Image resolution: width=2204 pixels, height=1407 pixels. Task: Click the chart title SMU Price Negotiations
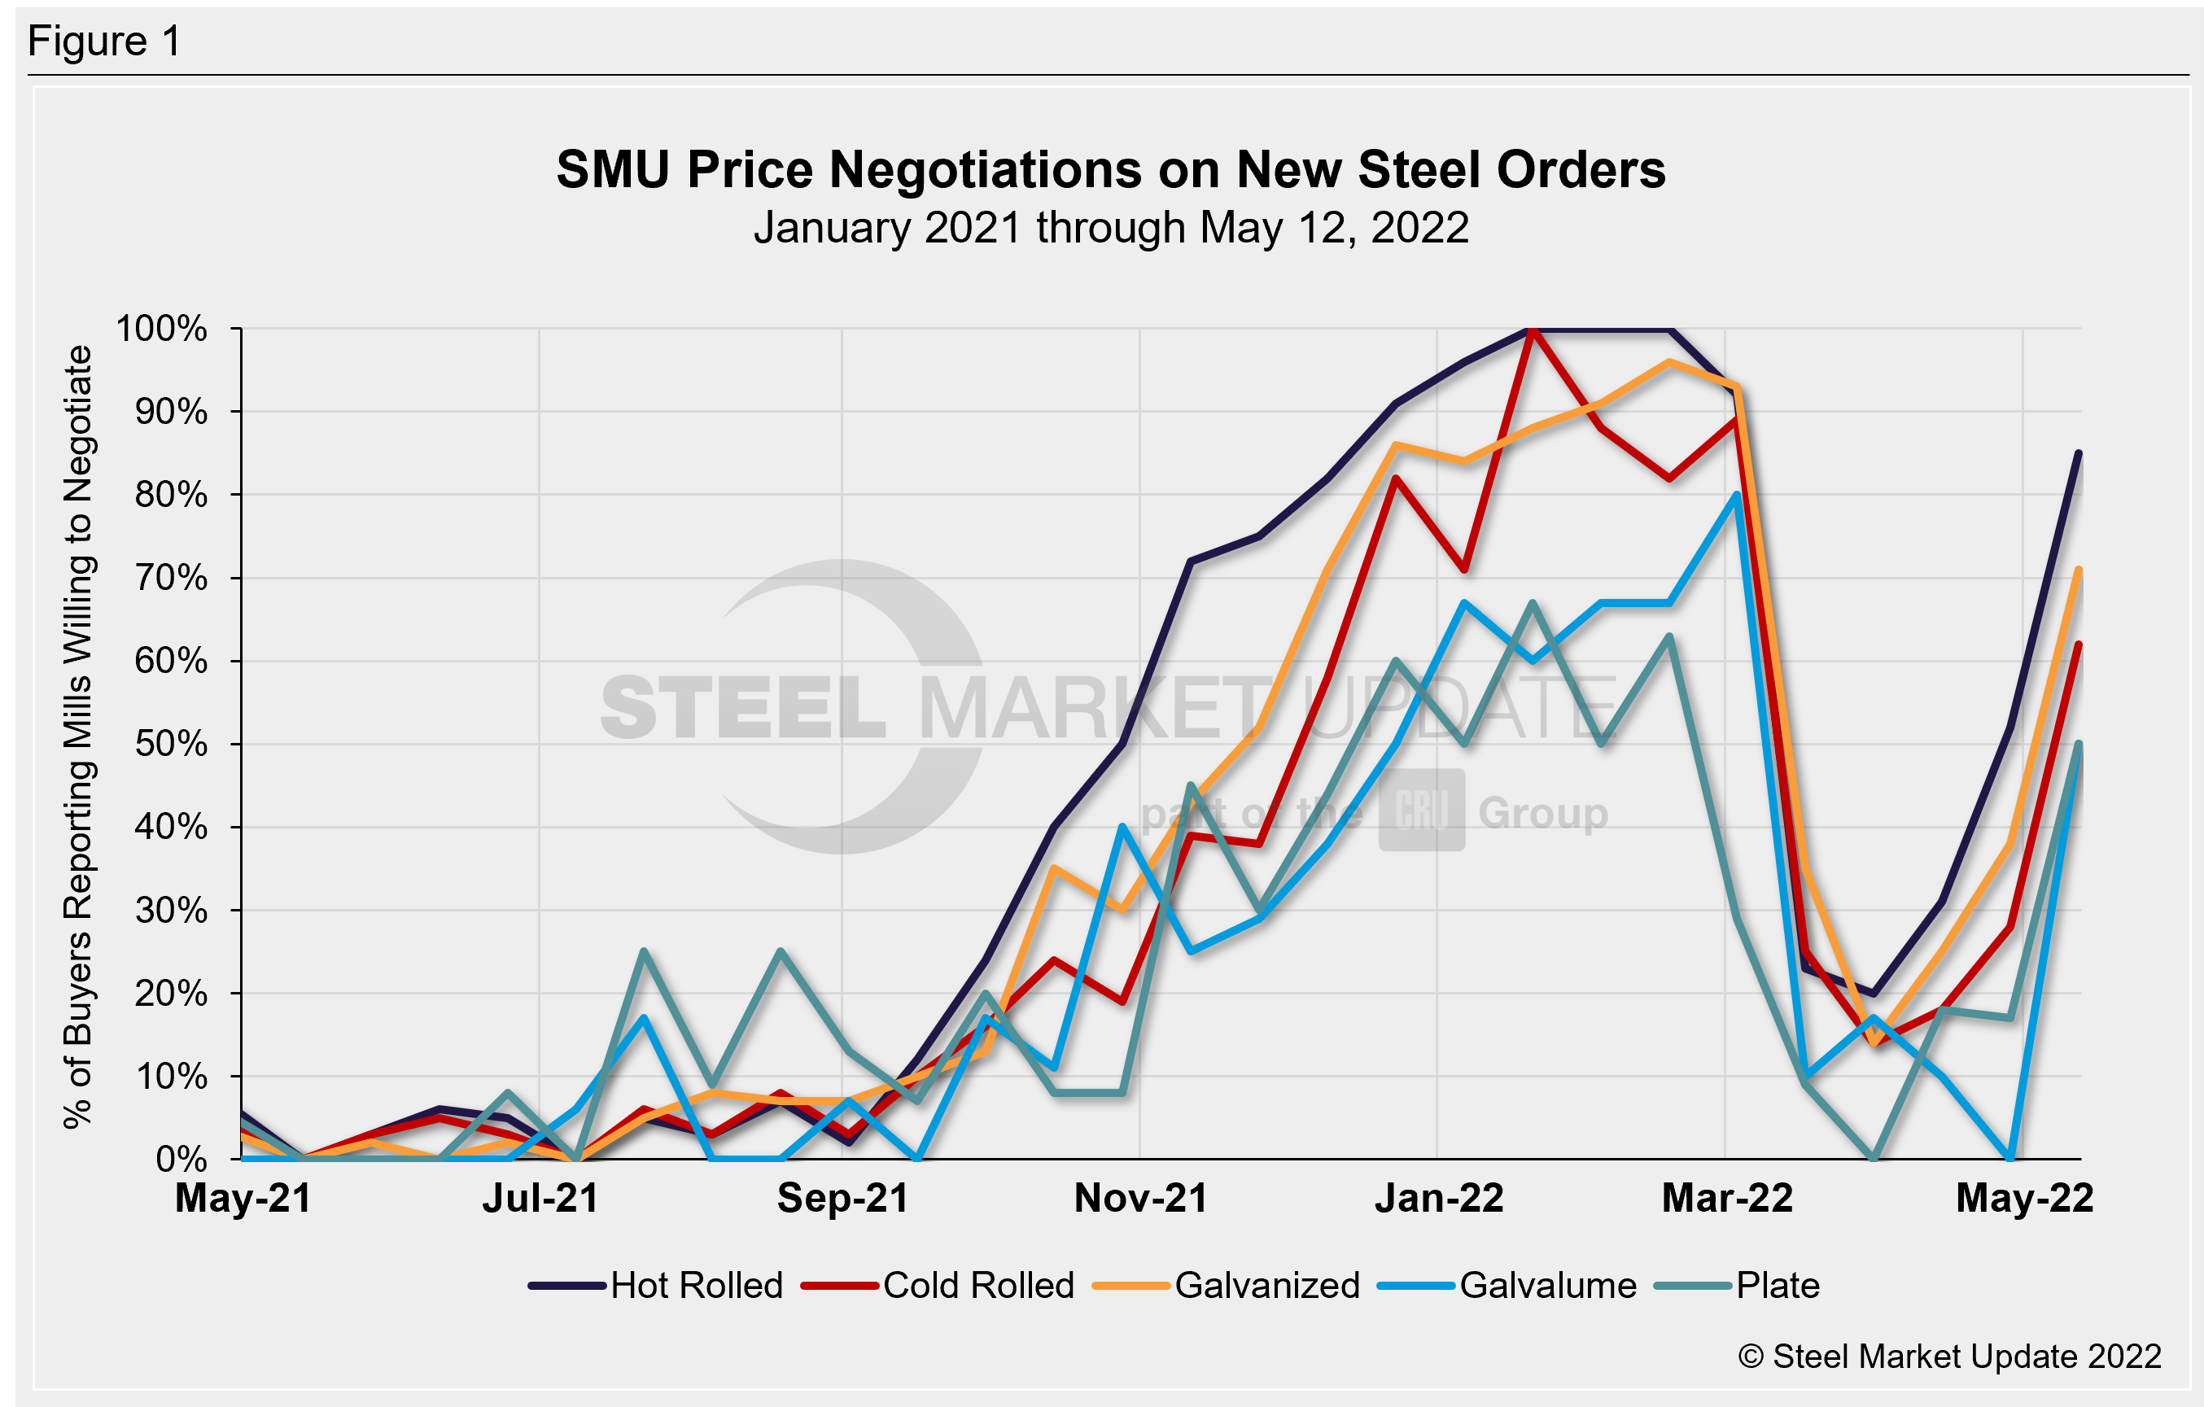coord(1110,170)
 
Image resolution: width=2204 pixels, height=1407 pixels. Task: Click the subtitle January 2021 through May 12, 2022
coord(1110,228)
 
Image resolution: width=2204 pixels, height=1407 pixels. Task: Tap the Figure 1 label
coord(104,42)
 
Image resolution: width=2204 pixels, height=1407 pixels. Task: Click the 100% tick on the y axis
coord(161,329)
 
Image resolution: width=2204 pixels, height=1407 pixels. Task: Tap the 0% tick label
coord(181,1160)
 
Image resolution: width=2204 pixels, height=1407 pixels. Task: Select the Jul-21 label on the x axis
coord(540,1199)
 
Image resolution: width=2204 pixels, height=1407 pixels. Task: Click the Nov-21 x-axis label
coord(1140,1199)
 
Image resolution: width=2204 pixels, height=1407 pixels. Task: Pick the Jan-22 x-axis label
coord(1439,1199)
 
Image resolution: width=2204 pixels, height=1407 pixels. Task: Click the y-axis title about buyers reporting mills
coord(79,737)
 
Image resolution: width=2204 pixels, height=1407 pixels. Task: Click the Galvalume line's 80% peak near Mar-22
coord(1736,496)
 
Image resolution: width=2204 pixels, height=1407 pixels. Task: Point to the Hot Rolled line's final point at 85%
coord(2079,453)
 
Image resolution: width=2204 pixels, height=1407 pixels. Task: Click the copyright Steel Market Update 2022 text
coord(1949,1356)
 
